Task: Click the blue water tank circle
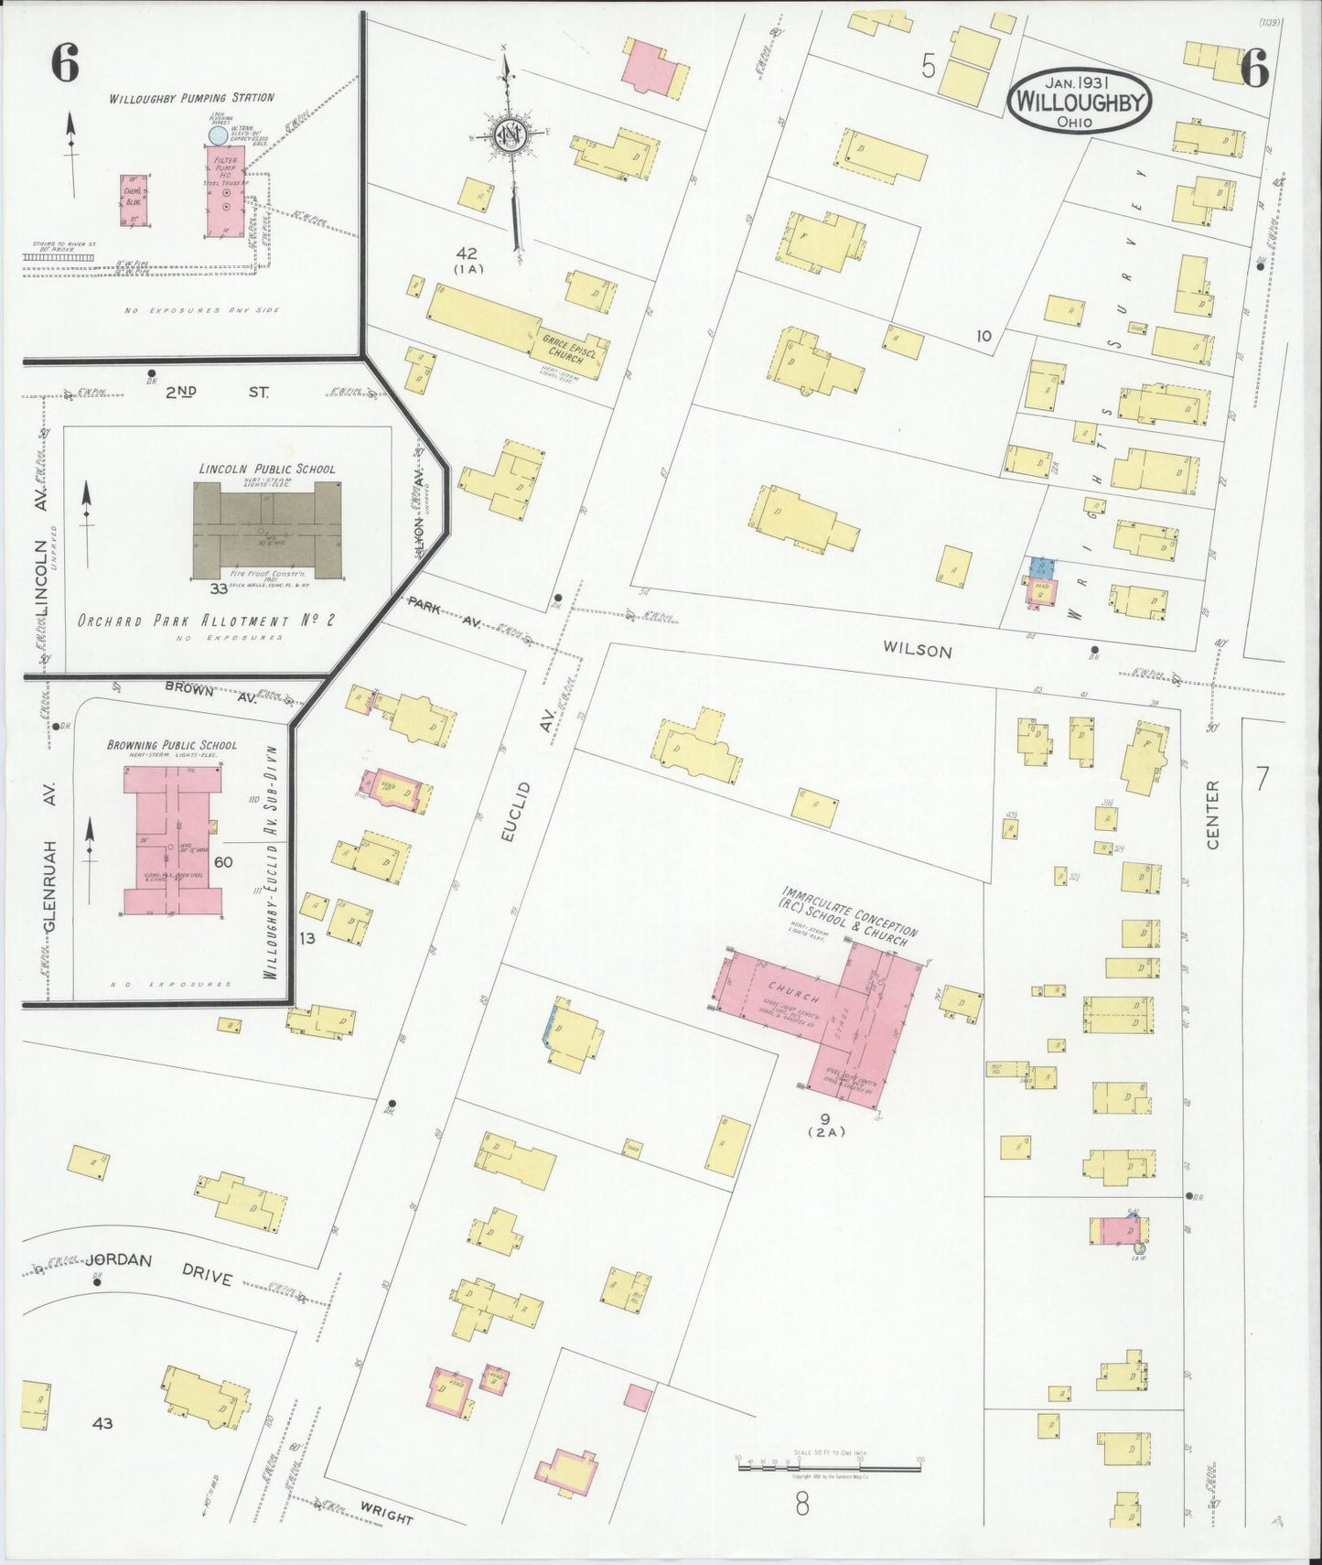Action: [x=218, y=135]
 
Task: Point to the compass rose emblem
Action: [x=509, y=135]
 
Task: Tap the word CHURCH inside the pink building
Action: [x=789, y=988]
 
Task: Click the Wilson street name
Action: [x=917, y=651]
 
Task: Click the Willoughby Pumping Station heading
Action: [x=191, y=98]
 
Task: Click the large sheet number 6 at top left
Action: [x=64, y=66]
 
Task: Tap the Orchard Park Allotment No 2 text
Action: [x=206, y=621]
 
